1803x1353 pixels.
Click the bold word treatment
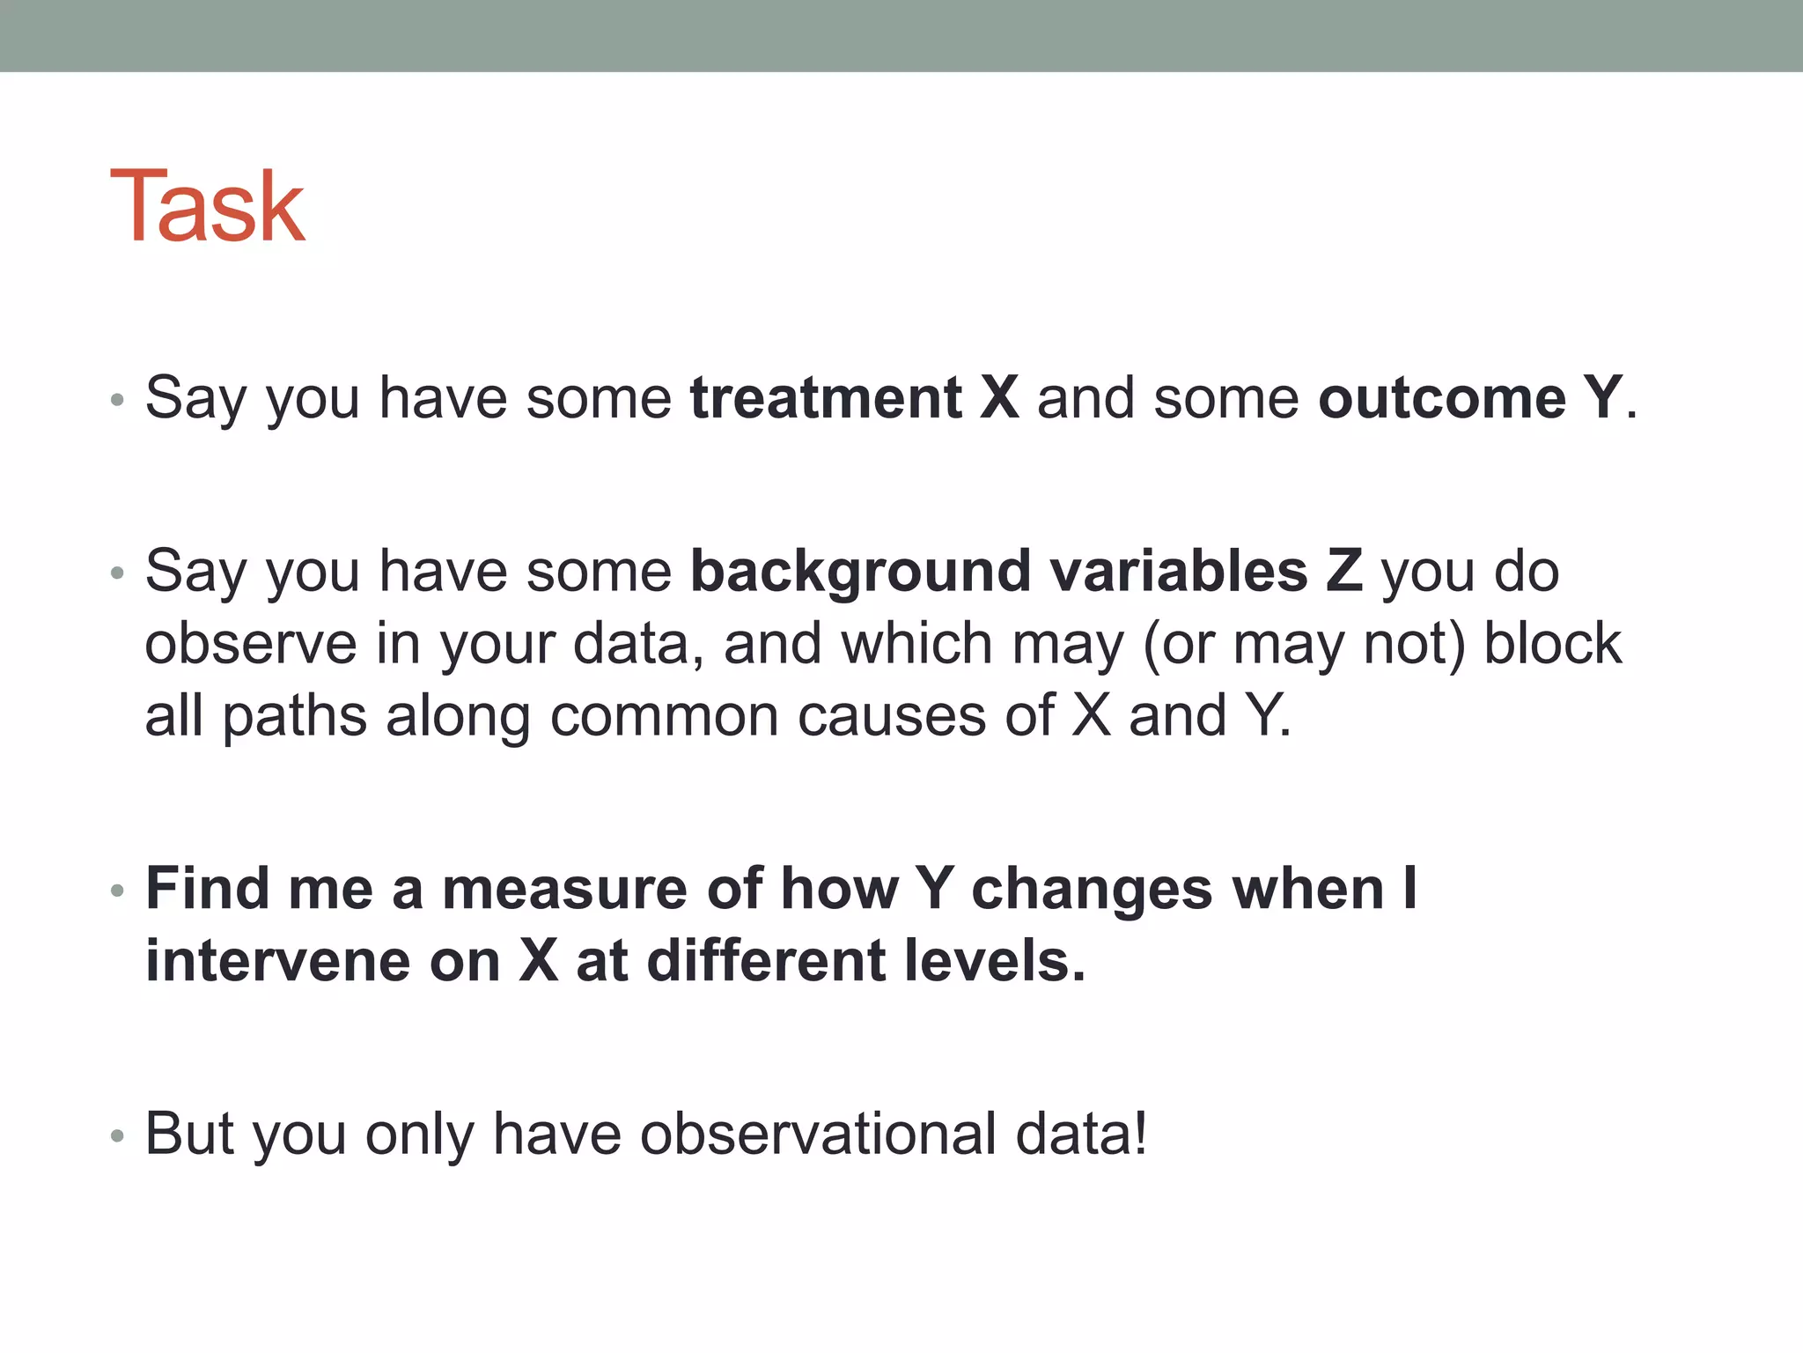point(825,398)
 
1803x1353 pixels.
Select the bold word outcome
point(1441,398)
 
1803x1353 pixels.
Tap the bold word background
point(859,572)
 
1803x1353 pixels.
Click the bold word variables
point(1179,572)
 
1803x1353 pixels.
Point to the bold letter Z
point(1343,572)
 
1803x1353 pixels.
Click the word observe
point(251,644)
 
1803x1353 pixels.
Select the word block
point(1552,644)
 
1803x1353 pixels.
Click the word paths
point(294,715)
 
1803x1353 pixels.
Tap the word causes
point(892,715)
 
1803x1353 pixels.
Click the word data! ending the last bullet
point(1081,1134)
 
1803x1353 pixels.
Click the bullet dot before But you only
point(118,1136)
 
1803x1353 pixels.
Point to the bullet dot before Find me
point(118,891)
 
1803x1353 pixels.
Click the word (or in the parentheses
point(1178,644)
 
